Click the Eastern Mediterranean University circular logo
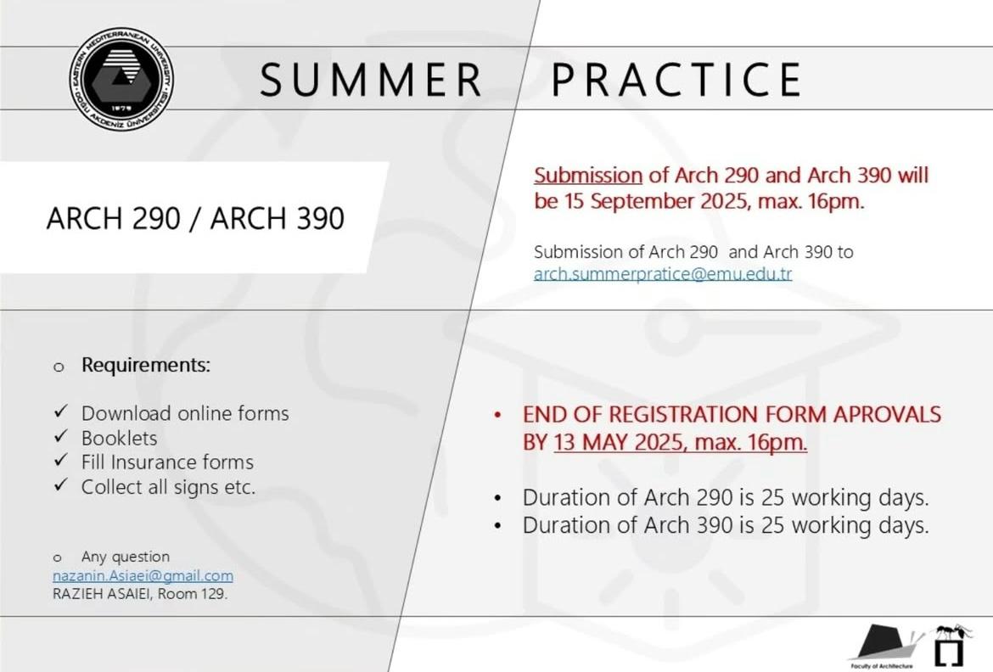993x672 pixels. pyautogui.click(x=121, y=80)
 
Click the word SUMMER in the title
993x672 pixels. pyautogui.click(x=371, y=80)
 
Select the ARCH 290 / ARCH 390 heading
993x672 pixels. pyautogui.click(x=196, y=218)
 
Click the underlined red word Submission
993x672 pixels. pyautogui.click(x=587, y=175)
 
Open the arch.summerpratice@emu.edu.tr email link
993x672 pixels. pyautogui.click(x=662, y=273)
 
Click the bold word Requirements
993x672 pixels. pyautogui.click(x=146, y=366)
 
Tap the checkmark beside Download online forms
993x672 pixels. pyautogui.click(x=61, y=412)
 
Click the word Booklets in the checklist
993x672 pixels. pyautogui.click(x=119, y=439)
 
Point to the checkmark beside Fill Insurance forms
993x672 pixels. pyautogui.click(x=61, y=461)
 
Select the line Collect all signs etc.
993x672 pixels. pyautogui.click(x=168, y=487)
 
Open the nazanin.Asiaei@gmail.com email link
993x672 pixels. pyautogui.click(x=143, y=576)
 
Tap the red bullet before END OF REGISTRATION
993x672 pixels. pyautogui.click(x=497, y=416)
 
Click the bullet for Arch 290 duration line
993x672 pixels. pyautogui.click(x=497, y=498)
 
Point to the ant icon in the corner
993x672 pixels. pyautogui.click(x=954, y=632)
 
